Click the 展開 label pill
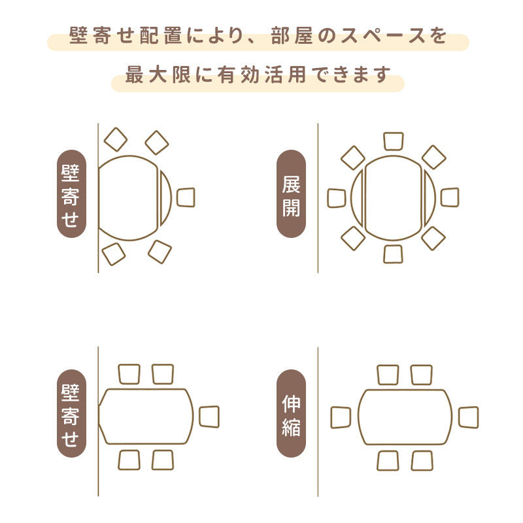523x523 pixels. (291, 194)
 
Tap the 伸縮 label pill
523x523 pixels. (291, 413)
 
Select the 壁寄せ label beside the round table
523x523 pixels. (71, 194)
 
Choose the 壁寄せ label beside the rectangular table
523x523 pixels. (71, 413)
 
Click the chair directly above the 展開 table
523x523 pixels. (394, 141)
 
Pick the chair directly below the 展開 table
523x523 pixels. (393, 254)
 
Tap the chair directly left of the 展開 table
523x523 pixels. (337, 198)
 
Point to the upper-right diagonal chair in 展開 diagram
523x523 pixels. (433, 157)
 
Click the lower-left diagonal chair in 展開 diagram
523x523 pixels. (353, 238)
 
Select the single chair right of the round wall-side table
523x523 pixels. (186, 197)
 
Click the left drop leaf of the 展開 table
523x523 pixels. (356, 198)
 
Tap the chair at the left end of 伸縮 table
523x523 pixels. (341, 417)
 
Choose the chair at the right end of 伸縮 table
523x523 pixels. (468, 417)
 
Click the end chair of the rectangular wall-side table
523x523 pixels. (209, 416)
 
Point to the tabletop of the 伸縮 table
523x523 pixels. (405, 417)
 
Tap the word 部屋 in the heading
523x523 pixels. (292, 35)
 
